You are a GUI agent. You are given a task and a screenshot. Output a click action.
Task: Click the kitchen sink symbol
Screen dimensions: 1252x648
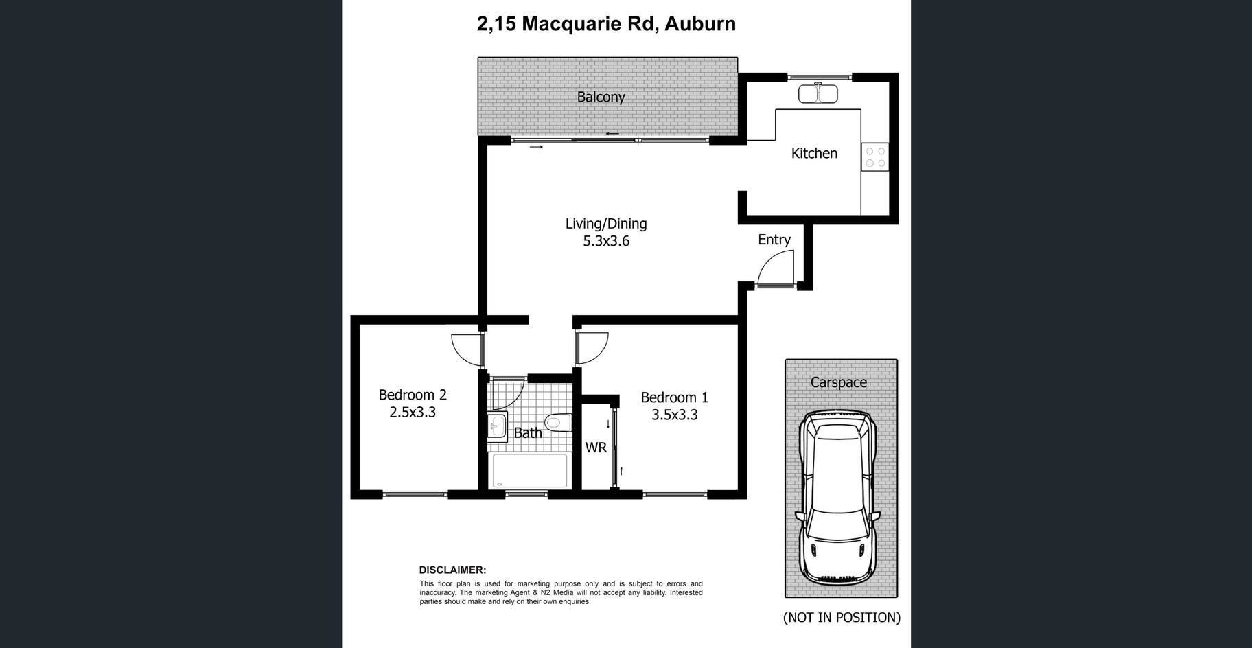[818, 93]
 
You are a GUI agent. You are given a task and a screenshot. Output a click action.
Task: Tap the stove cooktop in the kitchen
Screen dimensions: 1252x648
[875, 157]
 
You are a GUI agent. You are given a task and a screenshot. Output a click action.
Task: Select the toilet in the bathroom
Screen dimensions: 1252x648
[558, 421]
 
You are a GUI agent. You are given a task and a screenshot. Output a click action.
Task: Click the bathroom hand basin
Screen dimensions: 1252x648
[497, 427]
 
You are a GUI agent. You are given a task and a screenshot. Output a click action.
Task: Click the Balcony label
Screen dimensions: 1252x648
[601, 97]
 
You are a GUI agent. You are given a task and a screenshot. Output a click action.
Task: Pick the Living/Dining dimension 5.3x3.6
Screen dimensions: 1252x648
[606, 241]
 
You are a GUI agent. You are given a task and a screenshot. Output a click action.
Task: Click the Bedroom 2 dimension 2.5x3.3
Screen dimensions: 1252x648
[413, 412]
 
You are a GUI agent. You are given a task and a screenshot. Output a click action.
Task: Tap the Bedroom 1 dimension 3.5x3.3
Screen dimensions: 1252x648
[675, 415]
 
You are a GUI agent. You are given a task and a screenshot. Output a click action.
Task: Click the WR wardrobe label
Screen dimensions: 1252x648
[596, 448]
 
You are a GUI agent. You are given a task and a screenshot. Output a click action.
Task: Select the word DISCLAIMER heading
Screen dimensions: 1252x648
[452, 570]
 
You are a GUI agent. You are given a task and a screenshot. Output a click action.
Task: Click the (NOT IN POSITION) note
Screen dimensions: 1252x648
[842, 617]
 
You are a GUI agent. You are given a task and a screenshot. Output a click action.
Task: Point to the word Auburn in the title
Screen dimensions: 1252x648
[700, 23]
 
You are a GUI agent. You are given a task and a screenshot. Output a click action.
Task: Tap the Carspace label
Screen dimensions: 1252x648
[838, 382]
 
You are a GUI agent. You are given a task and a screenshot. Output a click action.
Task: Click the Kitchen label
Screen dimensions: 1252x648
[814, 153]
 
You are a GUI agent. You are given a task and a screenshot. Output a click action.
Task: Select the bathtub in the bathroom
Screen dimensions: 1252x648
[530, 471]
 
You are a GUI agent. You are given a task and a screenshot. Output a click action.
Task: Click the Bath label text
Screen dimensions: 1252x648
[528, 432]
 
